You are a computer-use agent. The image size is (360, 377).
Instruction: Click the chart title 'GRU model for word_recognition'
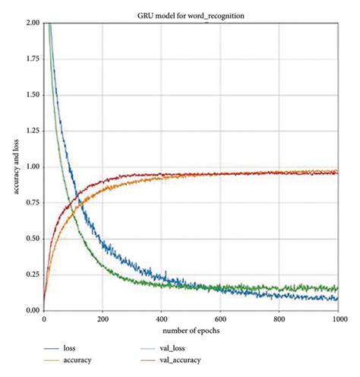(x=189, y=14)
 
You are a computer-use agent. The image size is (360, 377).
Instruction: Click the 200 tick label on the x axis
(x=103, y=318)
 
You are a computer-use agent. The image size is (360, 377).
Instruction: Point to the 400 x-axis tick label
(x=161, y=318)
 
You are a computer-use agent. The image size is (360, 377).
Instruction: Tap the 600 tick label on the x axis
(x=220, y=318)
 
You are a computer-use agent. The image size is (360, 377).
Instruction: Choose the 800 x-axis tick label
(x=279, y=318)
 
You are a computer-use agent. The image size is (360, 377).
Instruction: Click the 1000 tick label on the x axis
(x=336, y=318)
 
